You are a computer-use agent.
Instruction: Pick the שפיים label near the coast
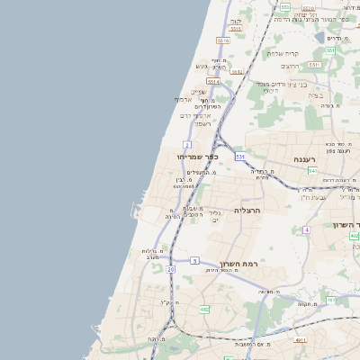pos(199,91)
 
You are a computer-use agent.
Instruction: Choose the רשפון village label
pos(202,123)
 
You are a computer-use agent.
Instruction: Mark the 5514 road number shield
pos(213,82)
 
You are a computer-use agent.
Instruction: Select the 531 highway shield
pos(240,157)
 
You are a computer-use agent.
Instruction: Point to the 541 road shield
pos(312,170)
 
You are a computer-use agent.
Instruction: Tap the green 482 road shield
pos(204,309)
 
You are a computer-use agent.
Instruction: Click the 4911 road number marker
pos(300,340)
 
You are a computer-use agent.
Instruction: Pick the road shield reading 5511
pos(314,65)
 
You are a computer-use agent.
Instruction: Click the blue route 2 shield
pos(187,144)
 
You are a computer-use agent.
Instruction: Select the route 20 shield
pos(171,268)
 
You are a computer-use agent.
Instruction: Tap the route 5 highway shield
pos(194,261)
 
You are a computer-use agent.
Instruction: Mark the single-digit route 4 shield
pos(306,229)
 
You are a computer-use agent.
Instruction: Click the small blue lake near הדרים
pos(320,38)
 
